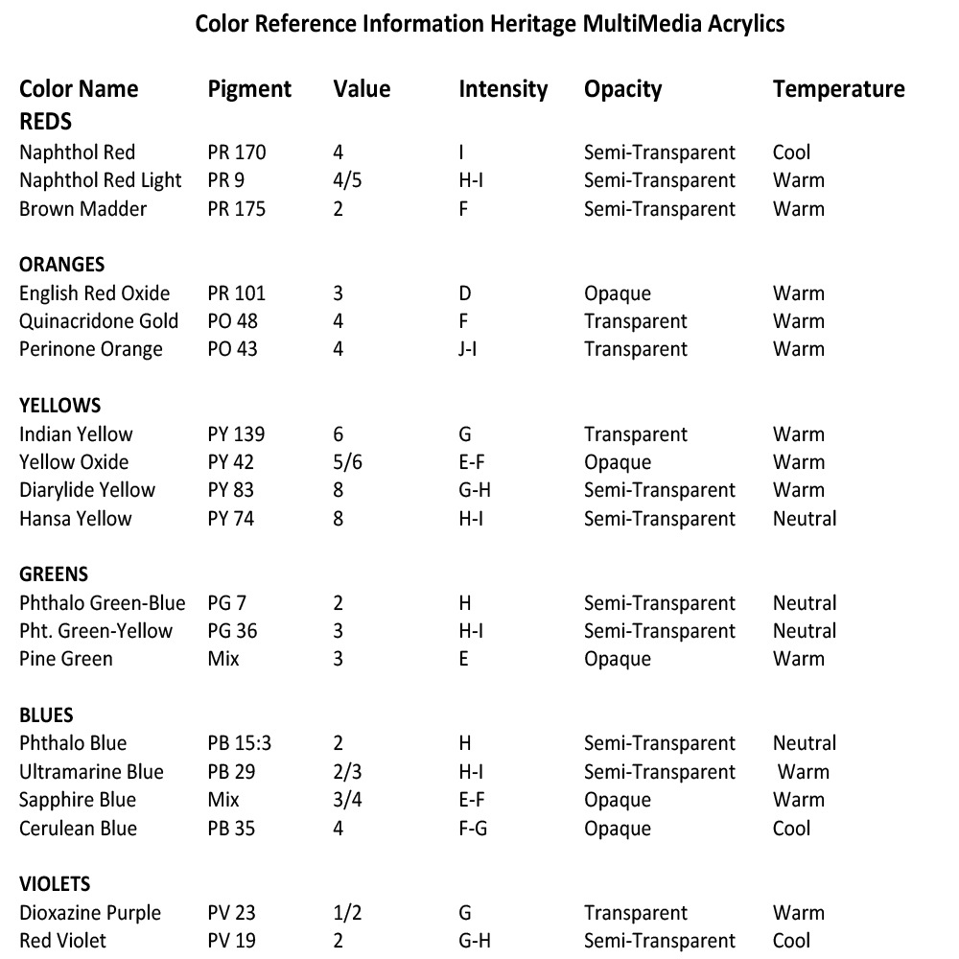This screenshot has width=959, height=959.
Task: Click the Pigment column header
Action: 249,89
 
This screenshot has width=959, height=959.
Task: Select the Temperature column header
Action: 838,89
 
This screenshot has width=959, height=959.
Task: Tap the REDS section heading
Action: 45,123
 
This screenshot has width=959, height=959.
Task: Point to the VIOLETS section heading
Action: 55,884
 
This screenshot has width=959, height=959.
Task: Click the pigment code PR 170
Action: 236,152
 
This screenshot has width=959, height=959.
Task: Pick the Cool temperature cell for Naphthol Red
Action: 791,152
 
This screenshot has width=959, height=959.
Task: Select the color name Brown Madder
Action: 82,209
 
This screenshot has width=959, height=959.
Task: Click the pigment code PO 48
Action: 232,321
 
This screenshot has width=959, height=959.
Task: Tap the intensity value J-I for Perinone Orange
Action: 468,349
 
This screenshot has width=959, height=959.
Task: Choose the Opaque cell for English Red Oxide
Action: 617,293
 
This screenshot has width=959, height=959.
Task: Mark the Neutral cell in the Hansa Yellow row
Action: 805,519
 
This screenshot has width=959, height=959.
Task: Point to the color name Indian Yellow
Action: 76,434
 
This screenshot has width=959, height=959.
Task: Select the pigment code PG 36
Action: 232,631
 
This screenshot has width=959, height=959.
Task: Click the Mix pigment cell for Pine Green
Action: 223,659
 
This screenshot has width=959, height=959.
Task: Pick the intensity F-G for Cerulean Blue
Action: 473,828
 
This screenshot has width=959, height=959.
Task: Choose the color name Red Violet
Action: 62,941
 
